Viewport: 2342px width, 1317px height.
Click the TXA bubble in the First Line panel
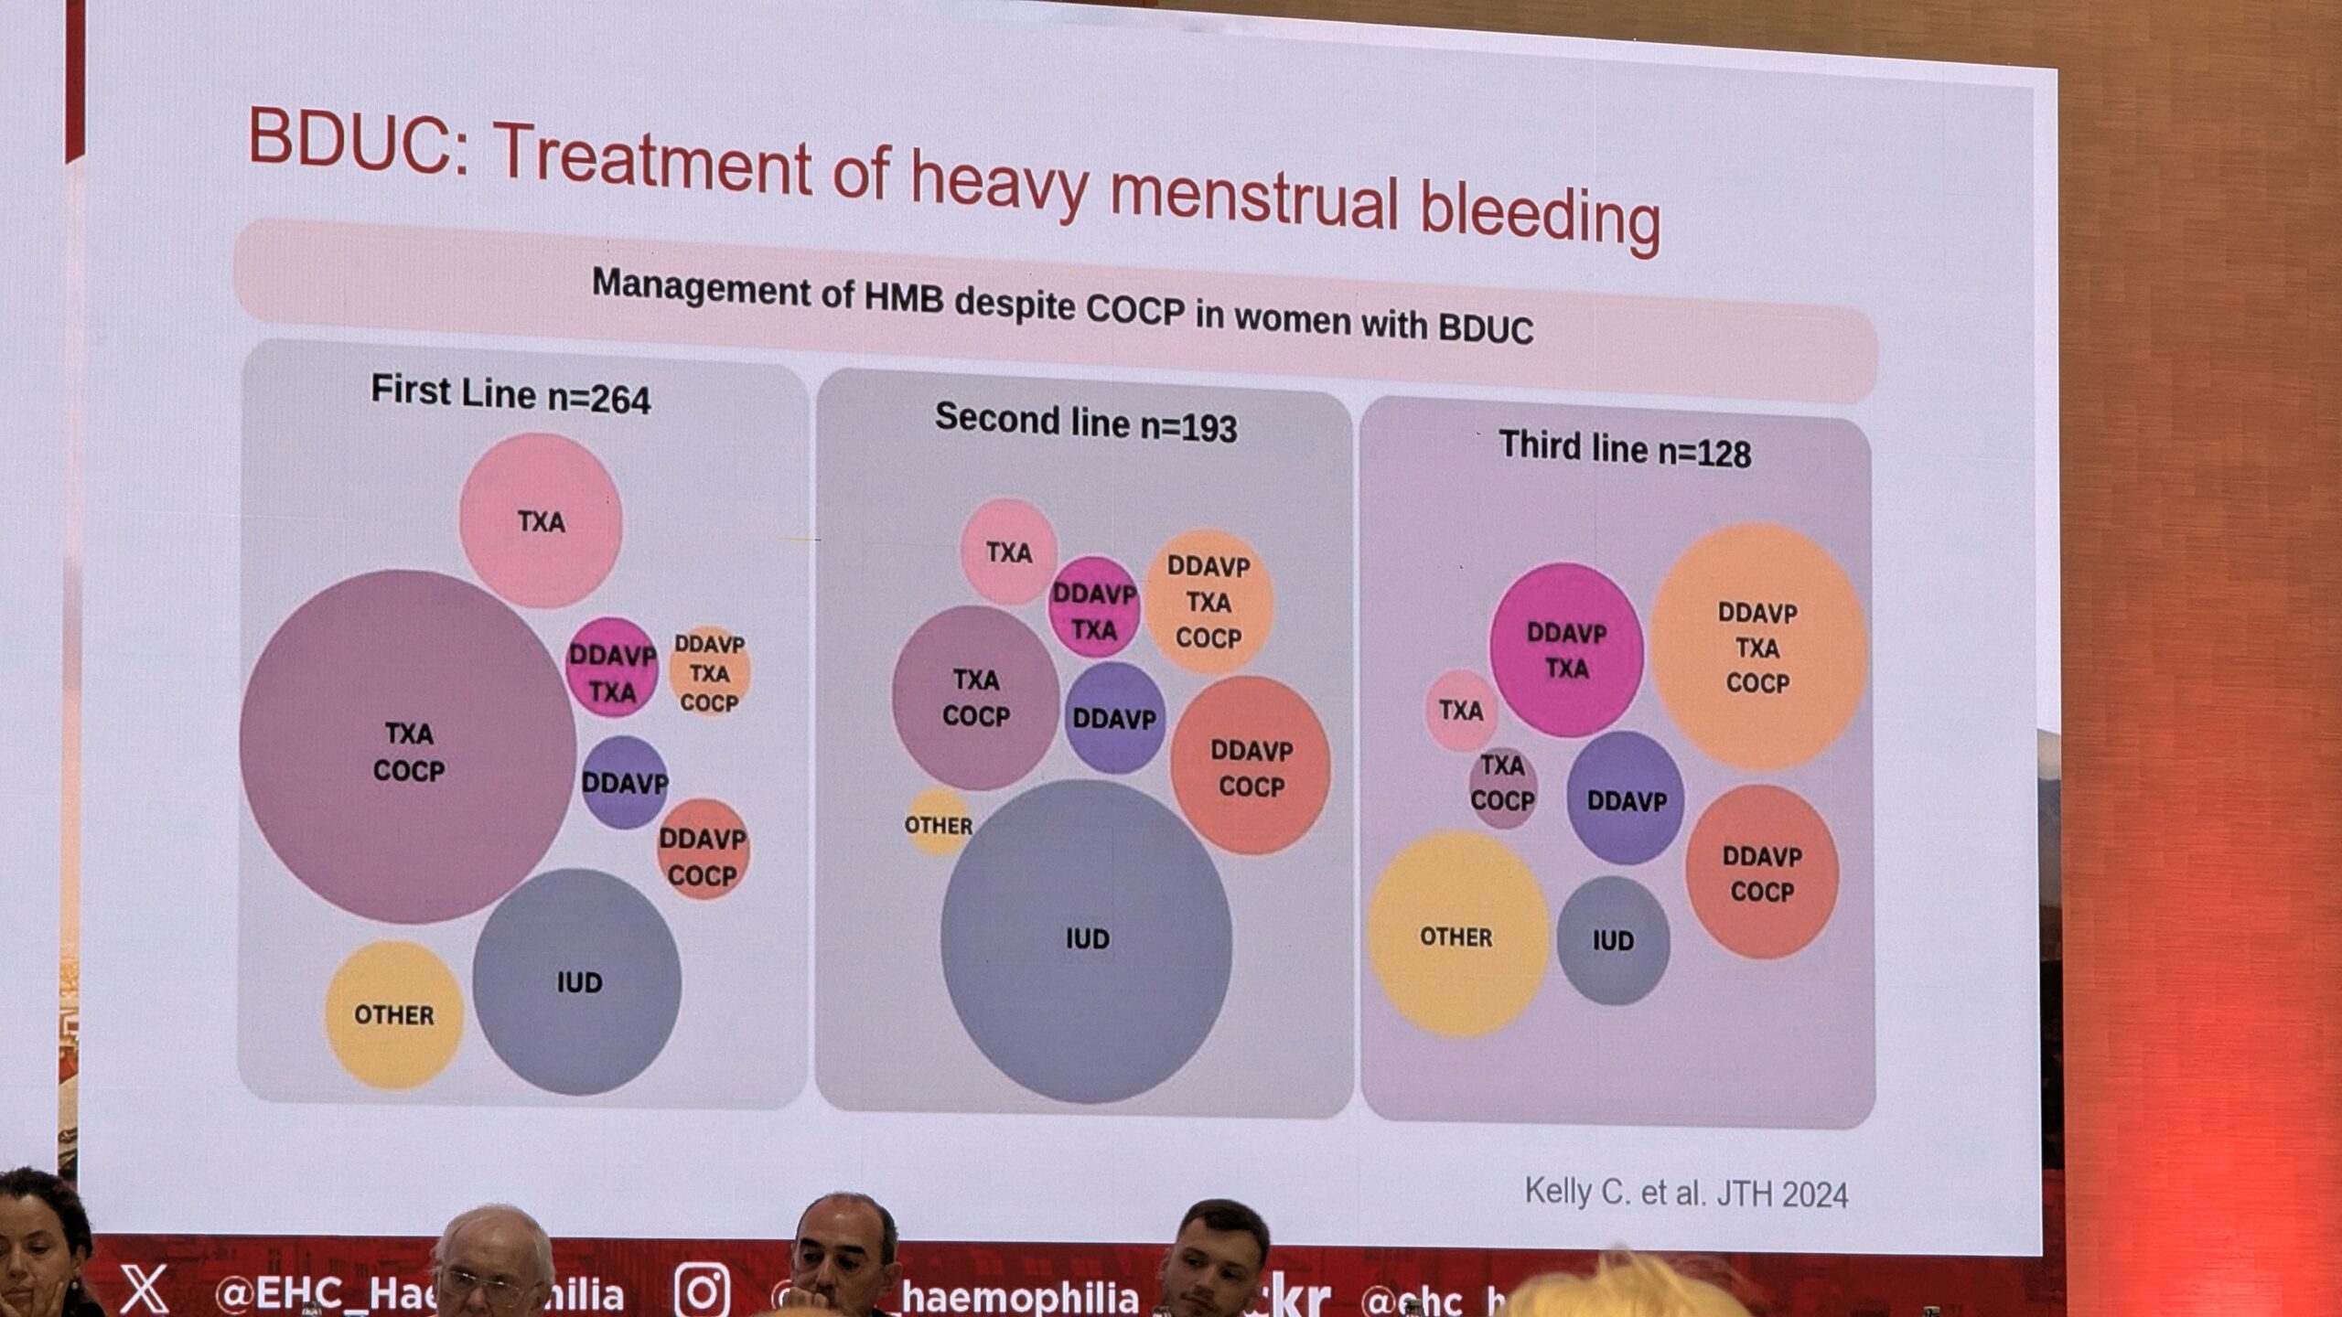(541, 521)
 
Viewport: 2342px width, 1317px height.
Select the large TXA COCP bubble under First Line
(408, 748)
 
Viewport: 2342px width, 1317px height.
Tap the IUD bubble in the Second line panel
(1086, 940)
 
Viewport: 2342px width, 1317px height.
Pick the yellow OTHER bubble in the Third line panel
(1456, 936)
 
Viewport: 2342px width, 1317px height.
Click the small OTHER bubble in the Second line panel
(938, 824)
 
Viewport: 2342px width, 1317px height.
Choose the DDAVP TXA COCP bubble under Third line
(1757, 647)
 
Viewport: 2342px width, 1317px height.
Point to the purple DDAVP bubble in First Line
(625, 783)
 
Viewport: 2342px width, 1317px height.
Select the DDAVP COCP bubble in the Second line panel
(1251, 766)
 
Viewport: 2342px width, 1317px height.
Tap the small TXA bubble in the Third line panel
(1461, 711)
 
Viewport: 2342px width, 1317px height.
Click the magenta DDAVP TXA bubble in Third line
(1566, 650)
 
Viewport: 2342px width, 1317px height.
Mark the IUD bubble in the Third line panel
(1613, 940)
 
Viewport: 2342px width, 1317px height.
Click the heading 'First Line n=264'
(510, 394)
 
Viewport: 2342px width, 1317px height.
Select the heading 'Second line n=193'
(1086, 423)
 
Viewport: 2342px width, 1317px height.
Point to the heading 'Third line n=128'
(1625, 450)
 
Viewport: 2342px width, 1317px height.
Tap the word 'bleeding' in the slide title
(1539, 215)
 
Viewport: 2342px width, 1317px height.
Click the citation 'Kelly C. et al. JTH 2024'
(1686, 1194)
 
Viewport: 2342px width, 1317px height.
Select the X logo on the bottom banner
(145, 1290)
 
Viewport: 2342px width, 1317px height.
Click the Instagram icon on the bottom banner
(702, 1290)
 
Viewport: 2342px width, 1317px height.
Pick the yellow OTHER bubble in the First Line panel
(394, 1014)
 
